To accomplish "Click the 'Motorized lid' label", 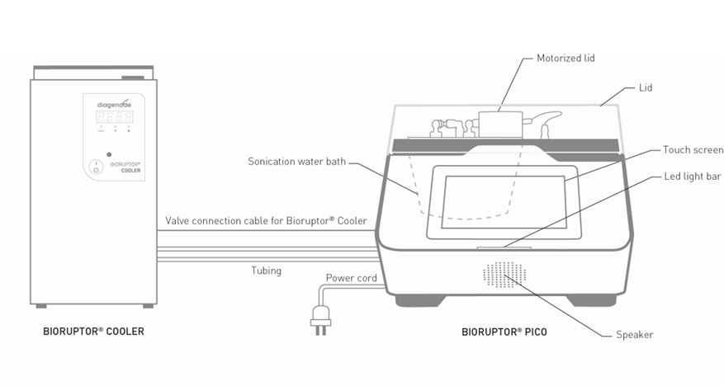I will click(x=565, y=59).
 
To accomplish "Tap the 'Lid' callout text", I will click(x=646, y=87).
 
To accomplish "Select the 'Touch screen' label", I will click(x=693, y=150).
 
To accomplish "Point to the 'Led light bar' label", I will click(x=693, y=177).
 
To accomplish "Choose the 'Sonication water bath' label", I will click(x=297, y=162).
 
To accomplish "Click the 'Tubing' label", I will click(x=267, y=271).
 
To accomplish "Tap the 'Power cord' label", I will click(x=351, y=278).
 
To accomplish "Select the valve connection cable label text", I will click(x=266, y=221).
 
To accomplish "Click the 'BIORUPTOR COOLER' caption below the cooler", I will click(x=93, y=332).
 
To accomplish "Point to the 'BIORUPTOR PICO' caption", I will click(x=504, y=332).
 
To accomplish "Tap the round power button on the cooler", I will click(x=96, y=167).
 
